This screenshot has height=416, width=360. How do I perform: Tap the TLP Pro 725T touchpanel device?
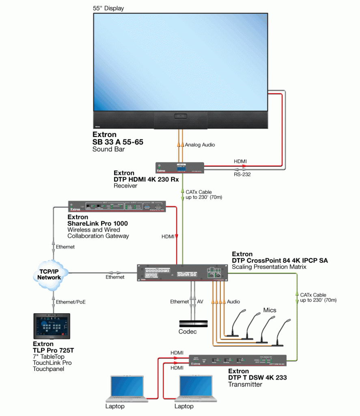pyautogui.click(x=52, y=326)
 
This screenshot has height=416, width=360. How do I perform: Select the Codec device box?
pyautogui.click(x=194, y=323)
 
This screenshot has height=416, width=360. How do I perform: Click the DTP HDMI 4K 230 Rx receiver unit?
pyautogui.click(x=180, y=168)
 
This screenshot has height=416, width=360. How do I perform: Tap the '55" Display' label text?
pyautogui.click(x=108, y=8)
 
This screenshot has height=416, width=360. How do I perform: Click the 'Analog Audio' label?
pyautogui.click(x=200, y=145)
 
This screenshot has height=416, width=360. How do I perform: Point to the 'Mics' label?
pyautogui.click(x=269, y=310)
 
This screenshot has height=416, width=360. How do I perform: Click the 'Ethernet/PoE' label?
pyautogui.click(x=71, y=302)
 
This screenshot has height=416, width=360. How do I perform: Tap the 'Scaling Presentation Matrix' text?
pyautogui.click(x=269, y=267)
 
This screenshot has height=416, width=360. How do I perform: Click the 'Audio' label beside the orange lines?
pyautogui.click(x=233, y=301)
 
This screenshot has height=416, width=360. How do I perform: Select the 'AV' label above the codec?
pyautogui.click(x=200, y=301)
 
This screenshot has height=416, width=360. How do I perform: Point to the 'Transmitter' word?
pyautogui.click(x=245, y=384)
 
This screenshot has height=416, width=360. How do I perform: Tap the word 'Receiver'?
pyautogui.click(x=125, y=186)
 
